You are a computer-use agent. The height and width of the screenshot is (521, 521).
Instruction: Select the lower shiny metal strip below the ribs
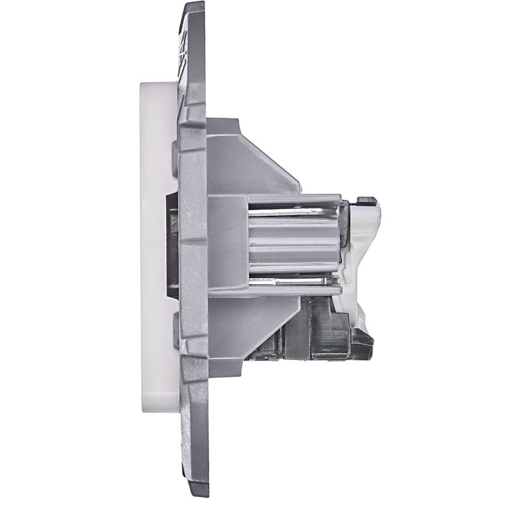click(x=293, y=281)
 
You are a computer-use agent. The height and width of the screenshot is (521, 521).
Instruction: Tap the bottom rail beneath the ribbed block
click(x=293, y=292)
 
